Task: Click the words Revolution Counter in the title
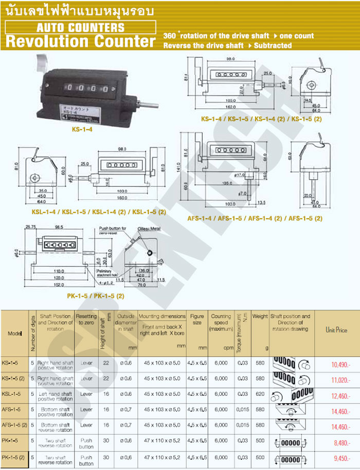80,41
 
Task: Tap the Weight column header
260,316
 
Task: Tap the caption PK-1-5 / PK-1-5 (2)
96,296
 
